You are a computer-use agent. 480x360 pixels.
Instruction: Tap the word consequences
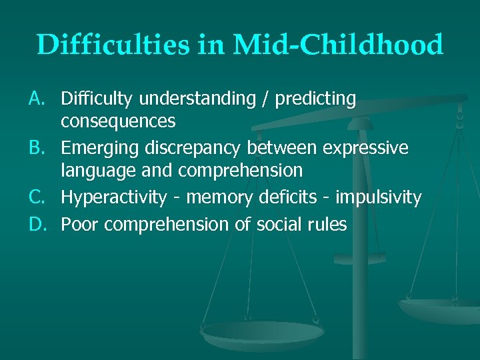[x=118, y=121]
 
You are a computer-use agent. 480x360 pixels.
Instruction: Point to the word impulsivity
[x=378, y=198]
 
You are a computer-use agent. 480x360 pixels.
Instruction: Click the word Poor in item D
[x=80, y=225]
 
